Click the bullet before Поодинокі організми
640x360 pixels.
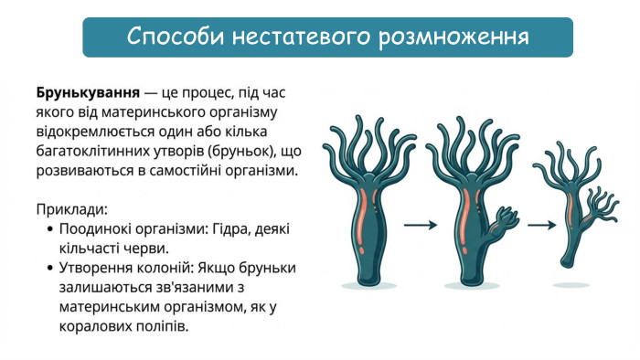point(48,228)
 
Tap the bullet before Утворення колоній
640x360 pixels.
point(48,268)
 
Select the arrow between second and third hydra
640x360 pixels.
point(541,224)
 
